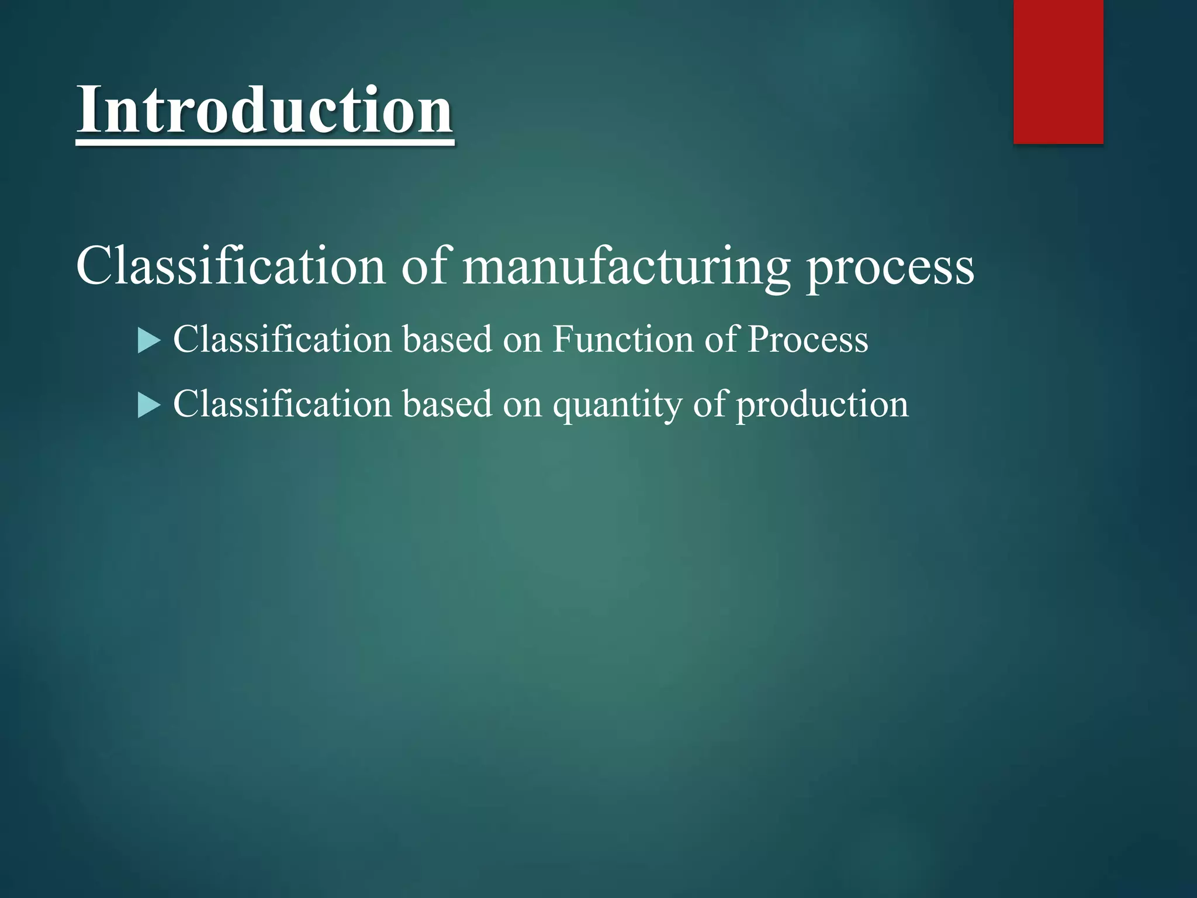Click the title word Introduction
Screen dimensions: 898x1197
(x=264, y=110)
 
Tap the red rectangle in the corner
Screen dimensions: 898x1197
(x=1058, y=71)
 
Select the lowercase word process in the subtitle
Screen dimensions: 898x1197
(x=890, y=269)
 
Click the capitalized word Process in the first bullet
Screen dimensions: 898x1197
(x=808, y=340)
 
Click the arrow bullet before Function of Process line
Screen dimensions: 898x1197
(x=149, y=341)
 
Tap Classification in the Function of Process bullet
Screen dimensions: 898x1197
(x=282, y=340)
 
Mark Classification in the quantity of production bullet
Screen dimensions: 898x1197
(x=282, y=405)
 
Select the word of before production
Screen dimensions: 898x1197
(x=709, y=405)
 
